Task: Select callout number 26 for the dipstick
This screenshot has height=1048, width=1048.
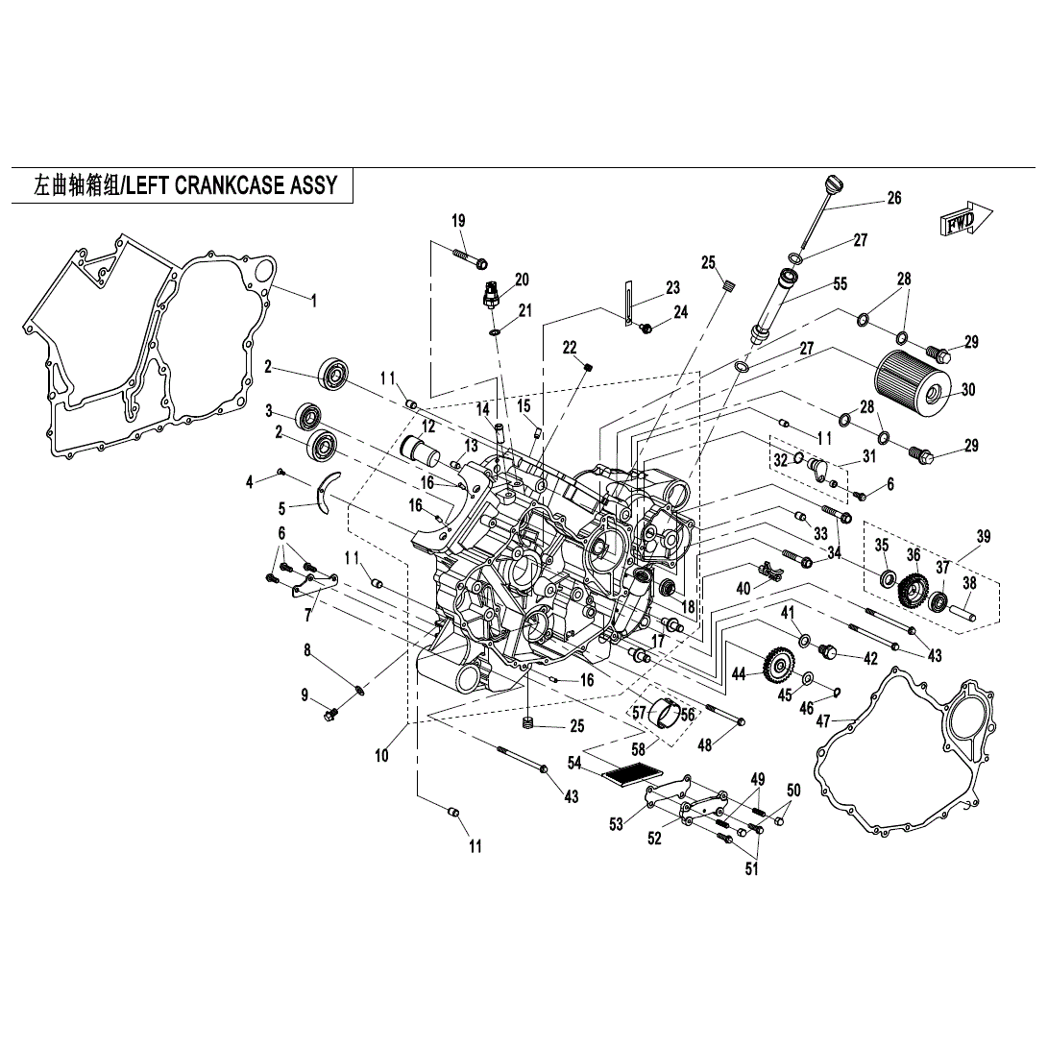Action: click(x=893, y=199)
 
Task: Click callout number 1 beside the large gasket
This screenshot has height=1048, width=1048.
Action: click(x=312, y=300)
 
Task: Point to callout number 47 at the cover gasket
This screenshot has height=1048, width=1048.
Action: click(x=823, y=720)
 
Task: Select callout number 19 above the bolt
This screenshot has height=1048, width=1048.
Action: click(x=458, y=221)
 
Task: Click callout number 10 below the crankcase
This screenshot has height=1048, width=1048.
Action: click(x=381, y=756)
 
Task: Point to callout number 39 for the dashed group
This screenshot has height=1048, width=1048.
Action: click(x=983, y=536)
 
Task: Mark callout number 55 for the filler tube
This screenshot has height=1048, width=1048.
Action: click(x=840, y=283)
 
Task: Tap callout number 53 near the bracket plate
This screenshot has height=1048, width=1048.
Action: click(x=616, y=823)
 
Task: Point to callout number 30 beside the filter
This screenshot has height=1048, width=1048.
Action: click(x=967, y=390)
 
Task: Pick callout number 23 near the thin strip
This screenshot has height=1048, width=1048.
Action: click(x=672, y=287)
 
